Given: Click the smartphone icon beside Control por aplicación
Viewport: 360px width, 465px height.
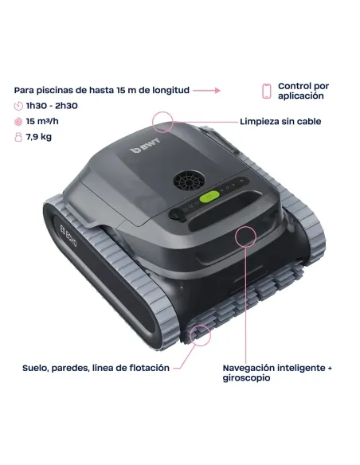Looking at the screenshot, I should [266, 91].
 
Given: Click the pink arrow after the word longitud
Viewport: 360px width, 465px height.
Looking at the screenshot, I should [206, 91].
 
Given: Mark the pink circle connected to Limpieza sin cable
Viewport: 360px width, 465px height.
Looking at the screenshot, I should [164, 122].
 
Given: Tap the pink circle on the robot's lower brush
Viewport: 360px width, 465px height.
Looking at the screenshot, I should [200, 333].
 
